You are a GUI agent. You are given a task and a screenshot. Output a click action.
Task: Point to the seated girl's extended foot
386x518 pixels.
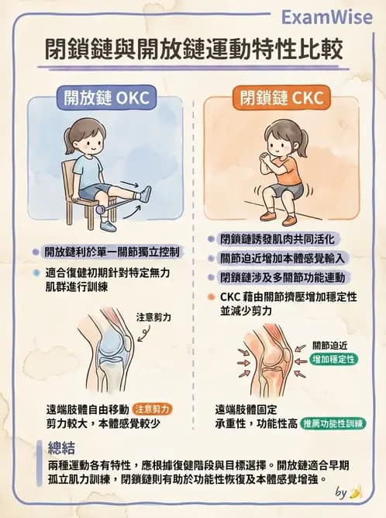pyautogui.click(x=144, y=193)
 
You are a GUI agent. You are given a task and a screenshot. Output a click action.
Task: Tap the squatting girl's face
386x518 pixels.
pyautogui.click(x=280, y=141)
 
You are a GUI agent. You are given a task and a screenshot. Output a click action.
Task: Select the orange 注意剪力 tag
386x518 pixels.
pyautogui.click(x=152, y=409)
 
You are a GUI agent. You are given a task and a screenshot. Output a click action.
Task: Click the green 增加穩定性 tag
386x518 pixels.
pyautogui.click(x=333, y=359)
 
